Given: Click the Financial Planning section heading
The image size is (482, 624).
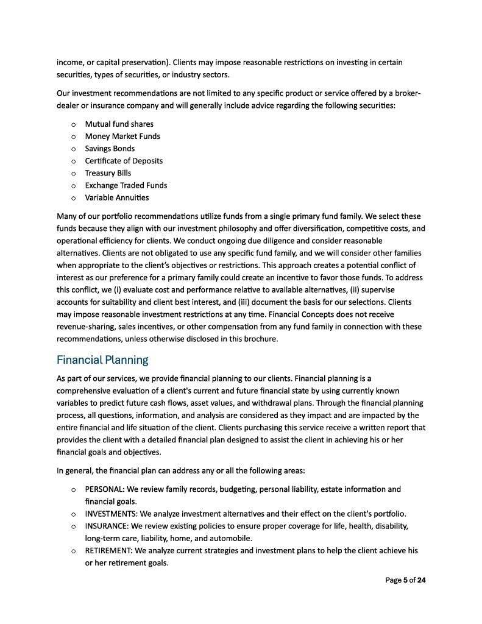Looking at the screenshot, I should coord(102,360).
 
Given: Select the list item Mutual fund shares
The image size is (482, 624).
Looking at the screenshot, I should coord(119,124).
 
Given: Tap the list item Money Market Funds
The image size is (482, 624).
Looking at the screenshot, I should coord(122,136).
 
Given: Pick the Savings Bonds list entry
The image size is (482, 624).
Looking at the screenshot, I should coord(110,149).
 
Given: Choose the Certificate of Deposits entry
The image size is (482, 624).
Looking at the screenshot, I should coord(124,161).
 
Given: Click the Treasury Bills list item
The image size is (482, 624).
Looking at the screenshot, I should coord(108,173).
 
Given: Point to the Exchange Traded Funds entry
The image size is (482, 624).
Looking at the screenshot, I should coord(126,185).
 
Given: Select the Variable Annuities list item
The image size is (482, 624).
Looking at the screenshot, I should coord(116,197).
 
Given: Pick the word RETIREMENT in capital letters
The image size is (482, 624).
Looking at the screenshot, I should coord(108,550).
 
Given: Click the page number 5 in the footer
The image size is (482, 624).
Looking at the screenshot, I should coord(405,581).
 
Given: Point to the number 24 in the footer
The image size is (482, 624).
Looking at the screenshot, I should coord(421,581).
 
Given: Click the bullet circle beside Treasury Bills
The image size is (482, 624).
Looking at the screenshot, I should coord(73,173).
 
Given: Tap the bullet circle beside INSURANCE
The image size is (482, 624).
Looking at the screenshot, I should coord(73,526).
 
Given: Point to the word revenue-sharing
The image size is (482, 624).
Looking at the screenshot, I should coord(84,327).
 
